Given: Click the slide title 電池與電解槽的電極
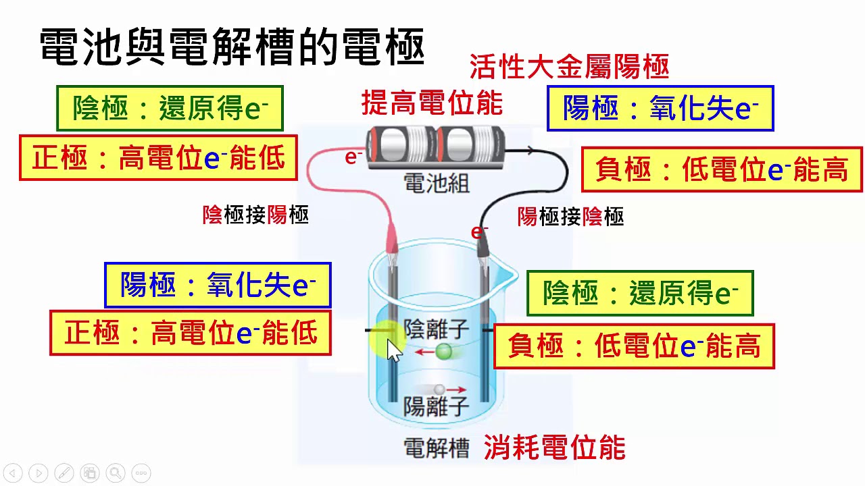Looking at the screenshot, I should pos(232,47).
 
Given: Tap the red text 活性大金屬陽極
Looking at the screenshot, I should pos(569,67).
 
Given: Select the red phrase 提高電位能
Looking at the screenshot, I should pos(432,103).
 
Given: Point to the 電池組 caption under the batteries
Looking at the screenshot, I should pos(436,183).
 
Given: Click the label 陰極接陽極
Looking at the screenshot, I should pos(255,215).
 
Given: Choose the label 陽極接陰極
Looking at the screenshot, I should pos(570,216).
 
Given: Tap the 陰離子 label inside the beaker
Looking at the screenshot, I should pos(436,329).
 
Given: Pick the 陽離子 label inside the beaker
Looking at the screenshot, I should pos(436,406).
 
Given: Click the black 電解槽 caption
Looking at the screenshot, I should pos(436,448).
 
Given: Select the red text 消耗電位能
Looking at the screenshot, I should pos(554,448).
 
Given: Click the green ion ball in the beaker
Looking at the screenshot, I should pos(444,351).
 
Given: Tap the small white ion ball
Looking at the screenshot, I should pos(439,389).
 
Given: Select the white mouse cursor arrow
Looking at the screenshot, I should pos(393,351).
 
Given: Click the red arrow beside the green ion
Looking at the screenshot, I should pos(424,352).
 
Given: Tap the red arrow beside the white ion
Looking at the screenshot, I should pos(457,389).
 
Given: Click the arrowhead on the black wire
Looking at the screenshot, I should pos(528,151).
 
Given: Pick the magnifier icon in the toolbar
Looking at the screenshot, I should pos(115,473).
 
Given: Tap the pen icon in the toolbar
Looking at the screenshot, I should pos(64,473).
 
